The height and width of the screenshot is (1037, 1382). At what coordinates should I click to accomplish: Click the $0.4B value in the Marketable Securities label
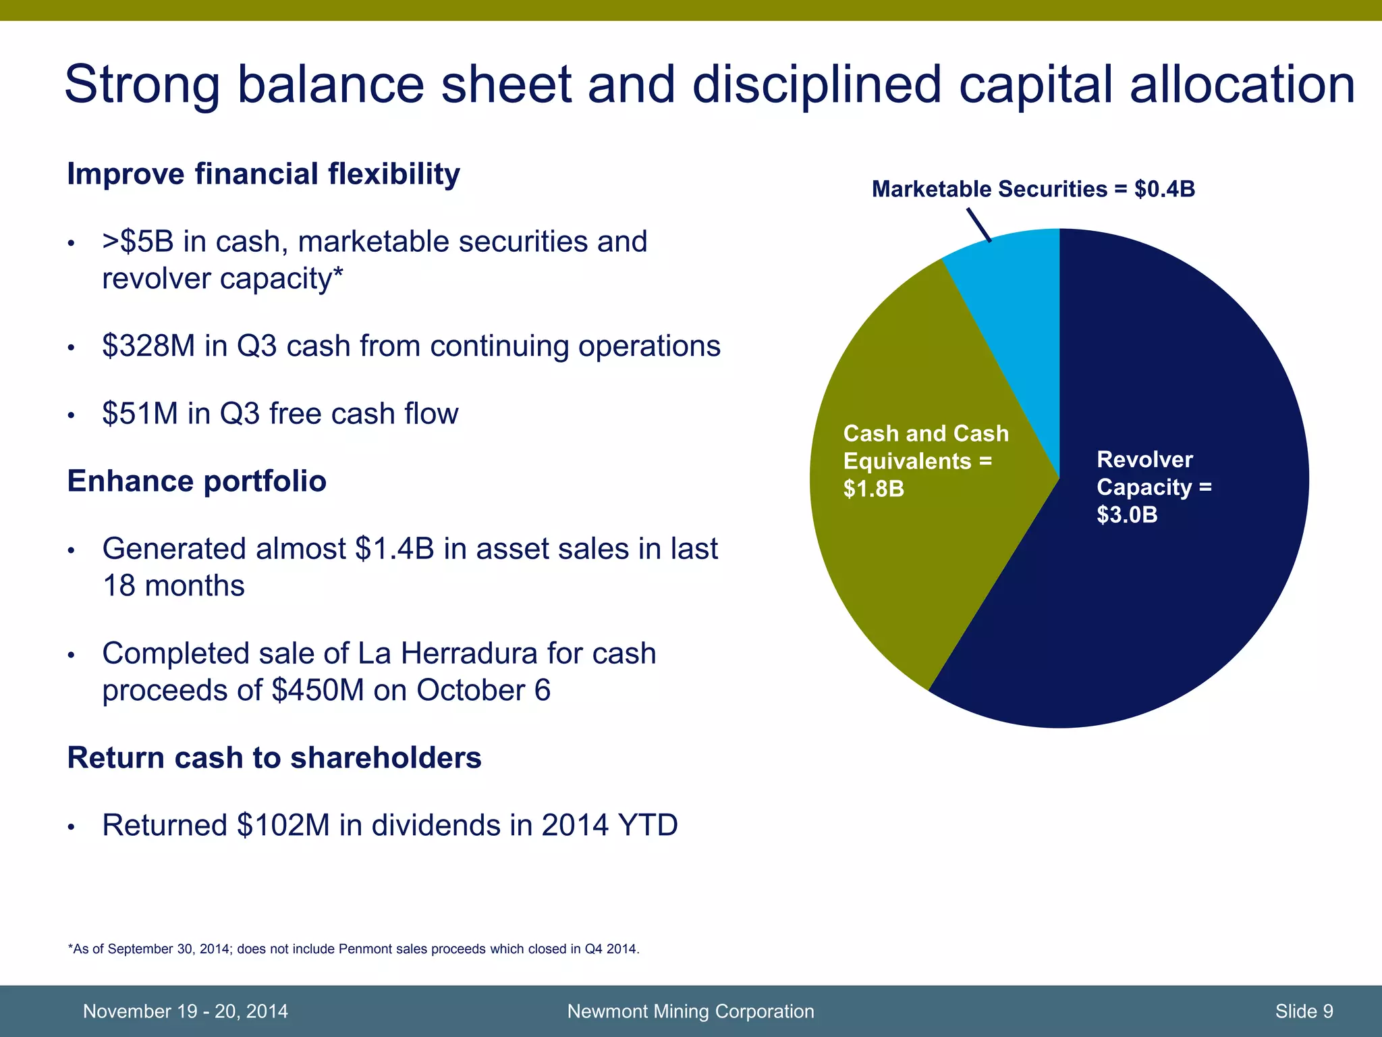point(1165,189)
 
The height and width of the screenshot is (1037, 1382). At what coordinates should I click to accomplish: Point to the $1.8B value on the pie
point(873,489)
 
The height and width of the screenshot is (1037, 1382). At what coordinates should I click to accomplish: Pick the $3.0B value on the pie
point(1127,515)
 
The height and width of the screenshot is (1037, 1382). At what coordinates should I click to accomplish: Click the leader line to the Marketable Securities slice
point(978,224)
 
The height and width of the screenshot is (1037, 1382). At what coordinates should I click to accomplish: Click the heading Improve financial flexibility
point(263,174)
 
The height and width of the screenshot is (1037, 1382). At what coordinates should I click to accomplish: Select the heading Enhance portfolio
point(196,481)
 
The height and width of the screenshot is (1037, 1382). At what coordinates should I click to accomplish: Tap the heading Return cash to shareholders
point(274,758)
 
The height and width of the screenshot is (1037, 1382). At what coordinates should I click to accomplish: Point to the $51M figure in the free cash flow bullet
point(140,414)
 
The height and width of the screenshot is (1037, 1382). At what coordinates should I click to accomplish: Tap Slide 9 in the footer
point(1304,1011)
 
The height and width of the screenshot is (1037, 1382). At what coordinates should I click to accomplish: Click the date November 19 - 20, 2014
point(185,1011)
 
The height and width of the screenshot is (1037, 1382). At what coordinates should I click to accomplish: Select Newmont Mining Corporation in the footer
point(690,1011)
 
